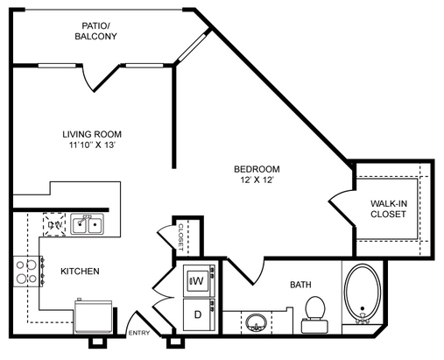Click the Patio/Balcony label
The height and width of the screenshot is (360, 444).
(95, 31)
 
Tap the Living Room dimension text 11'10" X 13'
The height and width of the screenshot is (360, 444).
(93, 145)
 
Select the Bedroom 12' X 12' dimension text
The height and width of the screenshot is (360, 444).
(257, 180)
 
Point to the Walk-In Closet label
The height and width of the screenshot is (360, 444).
(389, 208)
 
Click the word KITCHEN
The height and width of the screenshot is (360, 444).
(80, 272)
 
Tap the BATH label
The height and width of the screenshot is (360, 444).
(300, 285)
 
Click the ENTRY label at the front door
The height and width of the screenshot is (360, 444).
(139, 333)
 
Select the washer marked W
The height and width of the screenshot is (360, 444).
(199, 280)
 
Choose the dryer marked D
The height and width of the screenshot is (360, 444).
(199, 314)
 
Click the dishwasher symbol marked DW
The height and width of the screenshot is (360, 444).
(54, 224)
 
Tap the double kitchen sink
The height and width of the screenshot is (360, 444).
(87, 224)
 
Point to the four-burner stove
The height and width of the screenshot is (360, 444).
(28, 272)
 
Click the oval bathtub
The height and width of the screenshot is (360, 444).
(363, 293)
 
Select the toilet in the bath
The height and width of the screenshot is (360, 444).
(315, 314)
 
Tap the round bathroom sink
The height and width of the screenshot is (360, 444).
(257, 322)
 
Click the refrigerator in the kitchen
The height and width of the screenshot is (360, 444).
(94, 316)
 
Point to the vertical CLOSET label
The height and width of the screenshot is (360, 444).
(180, 237)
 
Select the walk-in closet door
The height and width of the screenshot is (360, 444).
(342, 208)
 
